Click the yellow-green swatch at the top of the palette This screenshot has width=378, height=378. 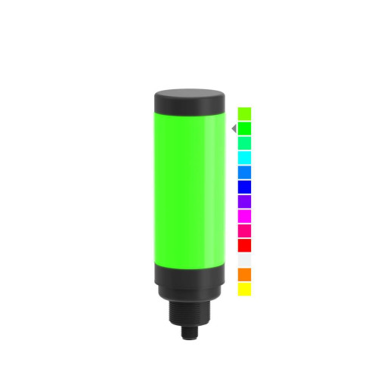244,113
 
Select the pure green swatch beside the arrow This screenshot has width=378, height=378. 244,129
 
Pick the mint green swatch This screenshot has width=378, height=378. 244,143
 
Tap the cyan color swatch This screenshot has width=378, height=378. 244,157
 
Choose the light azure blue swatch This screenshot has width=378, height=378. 244,172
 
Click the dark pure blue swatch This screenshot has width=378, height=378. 244,187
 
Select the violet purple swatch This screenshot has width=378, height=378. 244,201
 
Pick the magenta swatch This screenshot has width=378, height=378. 244,215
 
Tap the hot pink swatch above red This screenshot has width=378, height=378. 244,231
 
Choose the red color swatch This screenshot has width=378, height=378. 244,245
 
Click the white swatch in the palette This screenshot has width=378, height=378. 244,259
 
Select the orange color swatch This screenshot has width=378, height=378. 244,274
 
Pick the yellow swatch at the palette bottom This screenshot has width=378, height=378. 244,289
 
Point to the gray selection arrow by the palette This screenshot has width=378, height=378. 234,129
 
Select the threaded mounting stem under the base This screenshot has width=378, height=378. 190,314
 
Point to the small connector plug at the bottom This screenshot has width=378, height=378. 190,333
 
